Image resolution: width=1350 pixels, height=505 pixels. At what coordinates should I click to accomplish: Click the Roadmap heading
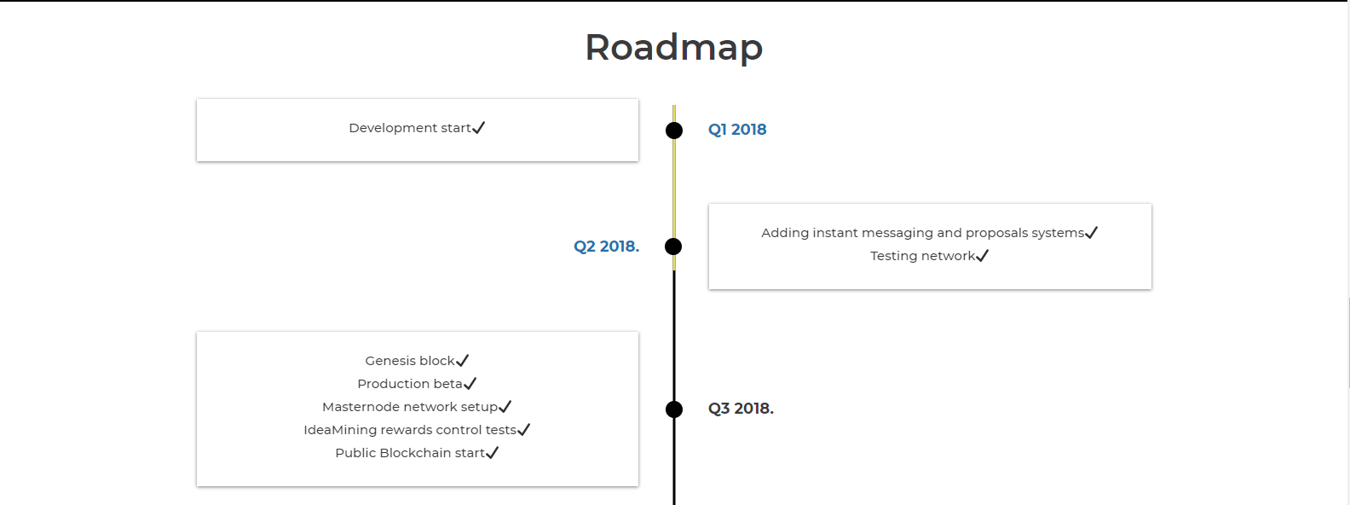673,48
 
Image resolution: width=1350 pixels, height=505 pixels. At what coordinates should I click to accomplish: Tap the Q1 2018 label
737,130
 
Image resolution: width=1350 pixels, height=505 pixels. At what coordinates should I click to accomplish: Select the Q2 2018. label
606,247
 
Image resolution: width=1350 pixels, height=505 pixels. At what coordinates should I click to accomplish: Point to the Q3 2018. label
741,409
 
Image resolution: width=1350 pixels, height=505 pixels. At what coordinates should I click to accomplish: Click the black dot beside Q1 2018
674,131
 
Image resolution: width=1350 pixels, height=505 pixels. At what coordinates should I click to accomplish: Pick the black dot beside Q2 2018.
673,247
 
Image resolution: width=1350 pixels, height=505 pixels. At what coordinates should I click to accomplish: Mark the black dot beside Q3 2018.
674,409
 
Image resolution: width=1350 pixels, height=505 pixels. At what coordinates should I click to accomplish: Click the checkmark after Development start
479,128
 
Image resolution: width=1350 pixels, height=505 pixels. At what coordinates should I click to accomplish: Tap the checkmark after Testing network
983,256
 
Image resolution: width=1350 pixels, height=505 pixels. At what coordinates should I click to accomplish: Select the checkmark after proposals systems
1092,233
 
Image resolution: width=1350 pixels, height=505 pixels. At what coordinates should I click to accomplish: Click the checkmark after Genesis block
463,361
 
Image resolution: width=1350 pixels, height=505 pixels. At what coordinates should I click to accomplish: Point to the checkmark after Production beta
470,384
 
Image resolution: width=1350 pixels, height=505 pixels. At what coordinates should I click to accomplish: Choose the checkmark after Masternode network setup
505,407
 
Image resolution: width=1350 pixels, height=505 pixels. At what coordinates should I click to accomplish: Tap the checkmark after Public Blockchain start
493,453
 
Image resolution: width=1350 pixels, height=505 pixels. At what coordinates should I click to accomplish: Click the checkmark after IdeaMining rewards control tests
524,430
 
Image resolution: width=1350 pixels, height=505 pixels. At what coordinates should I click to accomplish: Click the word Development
393,128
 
